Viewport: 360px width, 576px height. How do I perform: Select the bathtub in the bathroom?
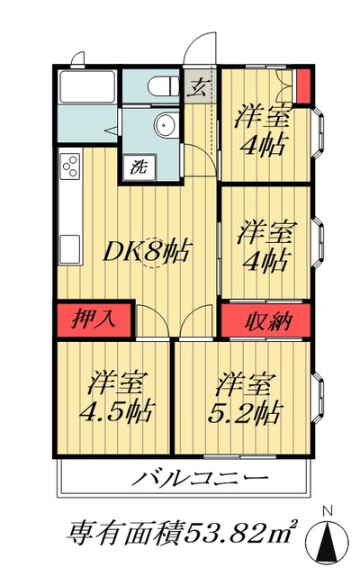coord(85,88)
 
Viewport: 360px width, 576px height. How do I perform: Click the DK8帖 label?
coord(149,251)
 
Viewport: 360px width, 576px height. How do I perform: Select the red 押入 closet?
coord(94,320)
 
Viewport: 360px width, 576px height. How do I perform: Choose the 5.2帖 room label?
coord(247,412)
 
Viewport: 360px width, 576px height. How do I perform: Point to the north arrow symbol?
coord(328,540)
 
